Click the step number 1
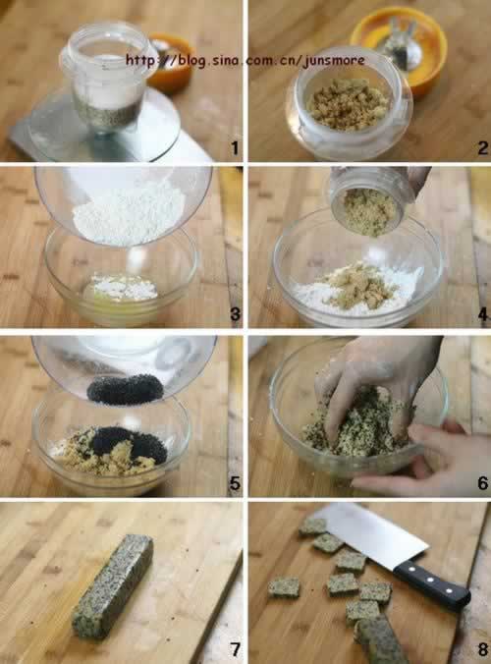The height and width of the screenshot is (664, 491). coord(233,148)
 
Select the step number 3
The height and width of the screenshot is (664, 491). coord(233,315)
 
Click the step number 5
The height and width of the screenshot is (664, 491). coord(233,483)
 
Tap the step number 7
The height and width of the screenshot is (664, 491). coord(233,649)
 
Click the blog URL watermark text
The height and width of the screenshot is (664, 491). coord(245,60)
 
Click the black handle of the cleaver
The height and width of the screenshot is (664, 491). coord(432,586)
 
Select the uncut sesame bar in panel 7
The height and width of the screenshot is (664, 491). coord(112,586)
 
